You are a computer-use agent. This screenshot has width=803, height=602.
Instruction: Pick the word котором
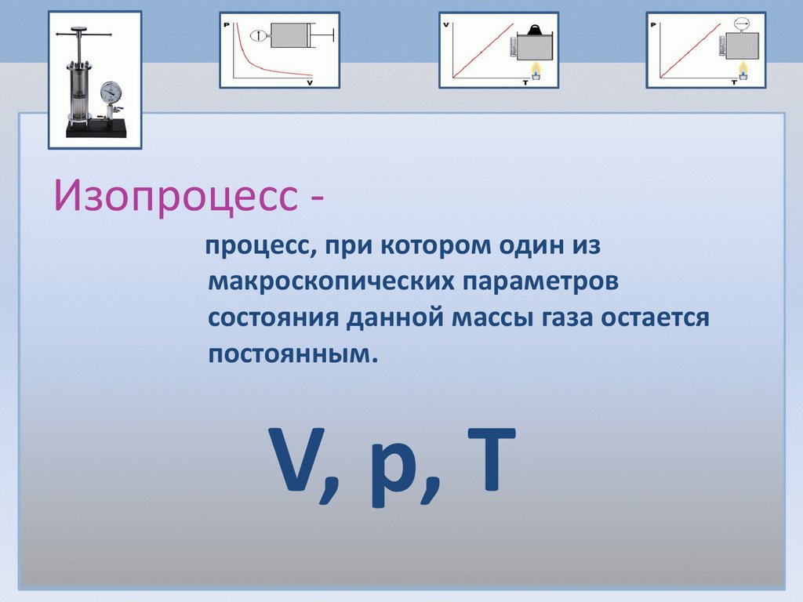(x=436, y=246)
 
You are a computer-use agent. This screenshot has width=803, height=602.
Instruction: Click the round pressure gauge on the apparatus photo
(x=111, y=92)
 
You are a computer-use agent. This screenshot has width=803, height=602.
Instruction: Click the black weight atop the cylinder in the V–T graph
(x=536, y=31)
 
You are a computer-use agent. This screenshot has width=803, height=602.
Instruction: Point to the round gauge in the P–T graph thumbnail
(x=740, y=24)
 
